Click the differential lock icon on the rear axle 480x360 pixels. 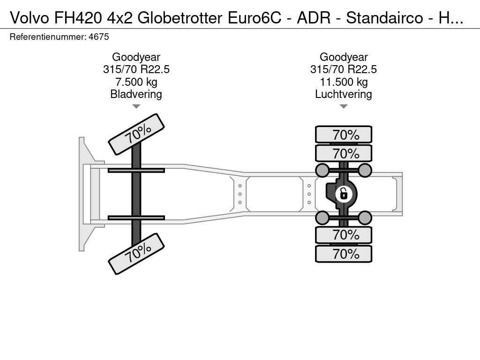point(344,194)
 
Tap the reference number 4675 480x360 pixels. point(98,37)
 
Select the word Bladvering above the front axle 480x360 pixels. point(136,94)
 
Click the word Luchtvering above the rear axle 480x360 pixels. point(344,94)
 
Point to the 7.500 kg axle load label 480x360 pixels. point(136,82)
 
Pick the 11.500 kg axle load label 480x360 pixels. point(344,82)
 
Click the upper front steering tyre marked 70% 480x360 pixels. point(136,135)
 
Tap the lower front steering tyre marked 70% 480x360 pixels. point(136,254)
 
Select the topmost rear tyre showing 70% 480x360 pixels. point(344,135)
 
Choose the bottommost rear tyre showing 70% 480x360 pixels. point(344,254)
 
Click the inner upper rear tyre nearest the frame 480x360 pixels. point(344,153)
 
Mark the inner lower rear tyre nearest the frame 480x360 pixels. point(344,235)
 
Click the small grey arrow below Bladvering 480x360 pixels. point(136,106)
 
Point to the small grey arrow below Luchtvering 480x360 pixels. point(344,106)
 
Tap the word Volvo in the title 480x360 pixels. point(30,18)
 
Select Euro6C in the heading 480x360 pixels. point(254,18)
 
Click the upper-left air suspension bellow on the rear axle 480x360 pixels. point(322,170)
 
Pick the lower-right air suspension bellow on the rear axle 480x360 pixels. point(365,218)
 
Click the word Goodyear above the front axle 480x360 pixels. point(136,57)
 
